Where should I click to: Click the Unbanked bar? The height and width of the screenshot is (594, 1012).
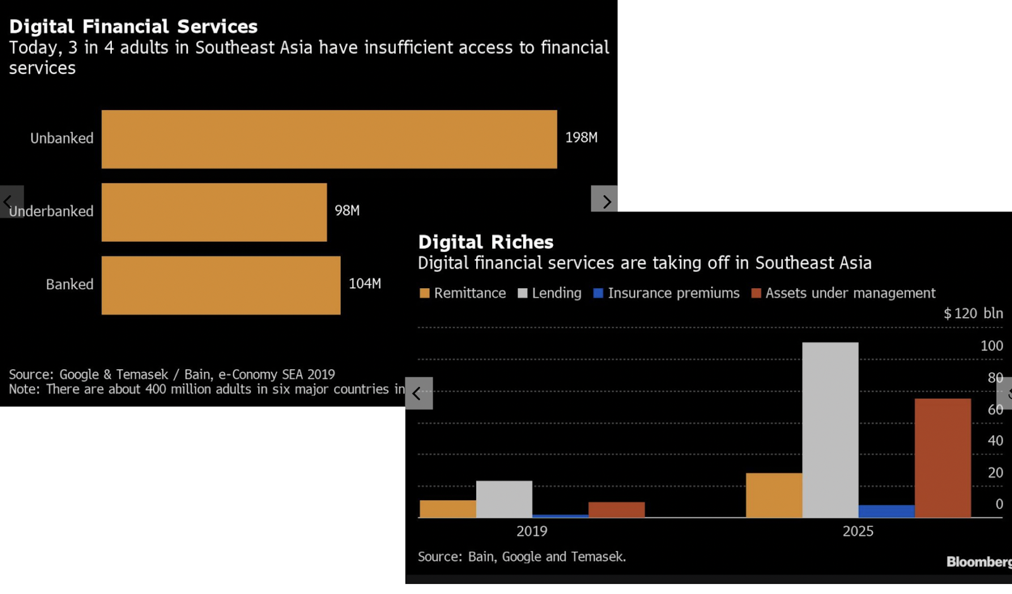click(x=329, y=139)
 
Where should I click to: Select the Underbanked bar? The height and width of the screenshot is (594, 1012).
click(x=214, y=212)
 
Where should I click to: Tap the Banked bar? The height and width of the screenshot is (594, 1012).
click(x=221, y=285)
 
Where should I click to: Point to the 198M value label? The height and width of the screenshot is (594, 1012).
click(x=581, y=137)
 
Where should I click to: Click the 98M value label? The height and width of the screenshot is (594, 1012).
click(x=347, y=210)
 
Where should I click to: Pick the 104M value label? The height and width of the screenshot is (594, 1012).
click(x=365, y=284)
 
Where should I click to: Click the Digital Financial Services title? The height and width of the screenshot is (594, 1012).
click(x=133, y=27)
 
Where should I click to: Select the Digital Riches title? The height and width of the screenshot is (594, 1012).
click(x=485, y=242)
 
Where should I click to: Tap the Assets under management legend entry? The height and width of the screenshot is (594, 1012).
click(x=843, y=293)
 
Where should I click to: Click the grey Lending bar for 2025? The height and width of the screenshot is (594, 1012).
click(x=830, y=430)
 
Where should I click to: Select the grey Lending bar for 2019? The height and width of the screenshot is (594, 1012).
click(x=504, y=499)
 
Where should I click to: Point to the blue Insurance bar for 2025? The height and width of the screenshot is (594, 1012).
click(x=886, y=511)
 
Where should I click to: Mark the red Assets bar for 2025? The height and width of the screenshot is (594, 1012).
click(x=942, y=458)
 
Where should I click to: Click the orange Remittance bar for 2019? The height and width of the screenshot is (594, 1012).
click(x=448, y=509)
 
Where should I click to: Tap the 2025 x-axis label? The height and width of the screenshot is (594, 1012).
click(x=858, y=531)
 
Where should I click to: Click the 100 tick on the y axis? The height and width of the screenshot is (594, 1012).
click(x=991, y=346)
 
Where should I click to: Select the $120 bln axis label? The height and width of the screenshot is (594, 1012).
click(x=973, y=313)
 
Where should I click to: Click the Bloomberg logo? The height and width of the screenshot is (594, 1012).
click(x=978, y=562)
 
